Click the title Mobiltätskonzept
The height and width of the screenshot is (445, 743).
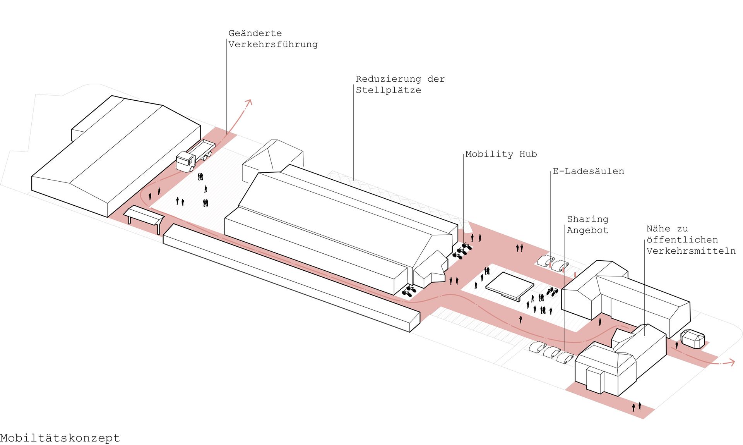[x=60, y=438]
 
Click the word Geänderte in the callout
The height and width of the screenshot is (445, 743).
[x=255, y=33]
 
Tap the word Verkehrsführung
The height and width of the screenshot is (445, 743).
[x=273, y=45]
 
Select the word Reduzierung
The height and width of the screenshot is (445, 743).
[x=388, y=79]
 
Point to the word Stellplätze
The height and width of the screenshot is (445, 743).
[x=388, y=90]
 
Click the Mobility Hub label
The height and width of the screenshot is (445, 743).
[x=501, y=154]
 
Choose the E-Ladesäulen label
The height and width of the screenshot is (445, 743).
[x=588, y=171]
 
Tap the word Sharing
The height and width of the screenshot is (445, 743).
[x=587, y=219]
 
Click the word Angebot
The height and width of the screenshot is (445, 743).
[x=587, y=230]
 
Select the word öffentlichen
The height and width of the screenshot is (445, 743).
[x=682, y=240]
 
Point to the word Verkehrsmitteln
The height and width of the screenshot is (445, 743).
[x=691, y=251]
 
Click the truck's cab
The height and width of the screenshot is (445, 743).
[x=185, y=162]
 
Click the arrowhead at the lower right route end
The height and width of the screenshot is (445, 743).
[x=731, y=362]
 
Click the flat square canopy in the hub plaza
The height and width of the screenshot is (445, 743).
[x=510, y=285]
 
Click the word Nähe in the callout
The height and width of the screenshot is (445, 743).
[x=658, y=229]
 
